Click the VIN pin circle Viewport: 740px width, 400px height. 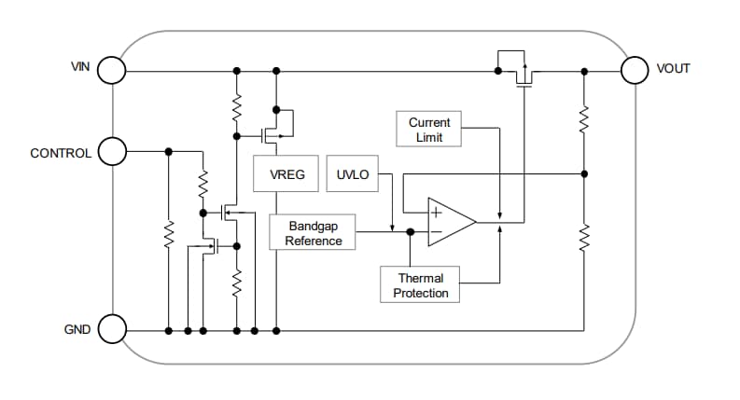112,70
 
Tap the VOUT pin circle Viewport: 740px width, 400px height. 635,70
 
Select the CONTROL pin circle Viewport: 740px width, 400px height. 112,151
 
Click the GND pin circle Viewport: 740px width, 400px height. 112,329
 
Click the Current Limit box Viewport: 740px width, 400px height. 429,130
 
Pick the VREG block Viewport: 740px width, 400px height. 286,174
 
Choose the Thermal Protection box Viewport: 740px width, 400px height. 421,285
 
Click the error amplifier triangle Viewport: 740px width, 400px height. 450,222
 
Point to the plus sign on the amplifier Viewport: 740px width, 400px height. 435,212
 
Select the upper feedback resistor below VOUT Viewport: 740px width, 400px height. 583,119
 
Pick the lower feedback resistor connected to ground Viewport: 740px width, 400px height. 583,238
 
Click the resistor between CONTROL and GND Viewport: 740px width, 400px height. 169,238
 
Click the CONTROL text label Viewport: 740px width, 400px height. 61,153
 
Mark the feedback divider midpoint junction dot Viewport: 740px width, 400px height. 583,173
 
